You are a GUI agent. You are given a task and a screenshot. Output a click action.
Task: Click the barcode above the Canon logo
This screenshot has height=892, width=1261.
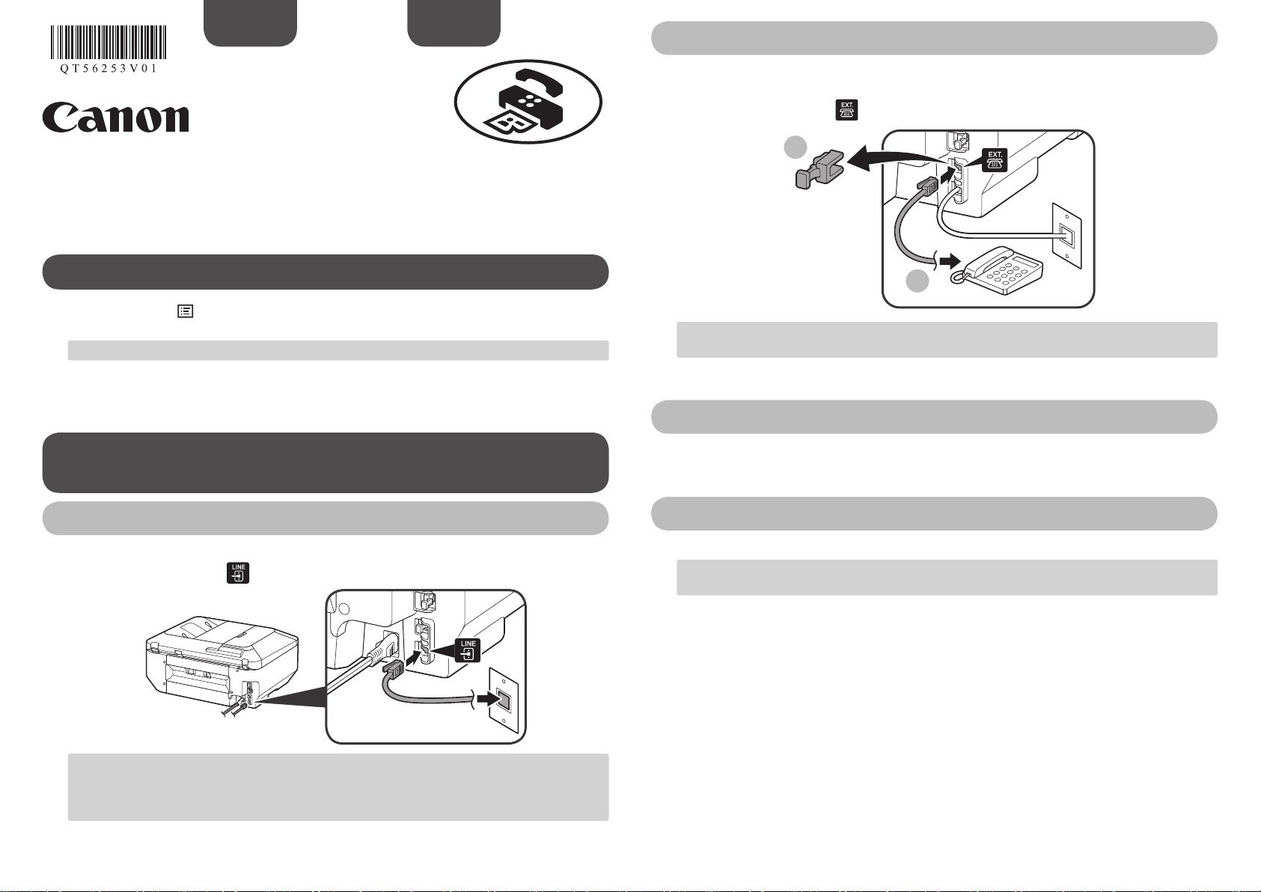[x=109, y=43]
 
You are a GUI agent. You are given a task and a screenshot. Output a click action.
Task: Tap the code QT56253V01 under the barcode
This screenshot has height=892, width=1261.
[x=109, y=68]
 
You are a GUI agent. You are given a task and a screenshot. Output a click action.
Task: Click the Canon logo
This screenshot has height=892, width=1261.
[x=115, y=117]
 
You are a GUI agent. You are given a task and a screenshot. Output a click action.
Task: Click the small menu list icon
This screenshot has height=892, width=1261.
[x=184, y=312]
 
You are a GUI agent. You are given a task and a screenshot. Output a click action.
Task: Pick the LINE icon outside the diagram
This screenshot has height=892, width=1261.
[x=238, y=572]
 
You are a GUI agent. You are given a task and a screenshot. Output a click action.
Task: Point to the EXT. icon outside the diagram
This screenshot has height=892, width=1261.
[x=846, y=109]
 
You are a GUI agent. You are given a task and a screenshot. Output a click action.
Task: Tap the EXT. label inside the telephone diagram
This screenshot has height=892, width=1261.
[x=995, y=159]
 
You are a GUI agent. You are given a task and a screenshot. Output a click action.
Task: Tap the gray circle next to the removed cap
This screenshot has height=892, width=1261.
[x=796, y=148]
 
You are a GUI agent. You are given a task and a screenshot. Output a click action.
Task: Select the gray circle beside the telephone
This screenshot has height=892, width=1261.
[x=917, y=281]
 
